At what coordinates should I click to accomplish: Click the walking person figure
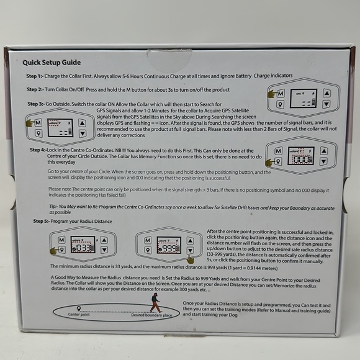tap(155, 302)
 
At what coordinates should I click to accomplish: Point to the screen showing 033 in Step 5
tap(83, 245)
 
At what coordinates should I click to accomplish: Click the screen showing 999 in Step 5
tap(168, 245)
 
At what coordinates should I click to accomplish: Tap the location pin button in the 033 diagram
tap(61, 251)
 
